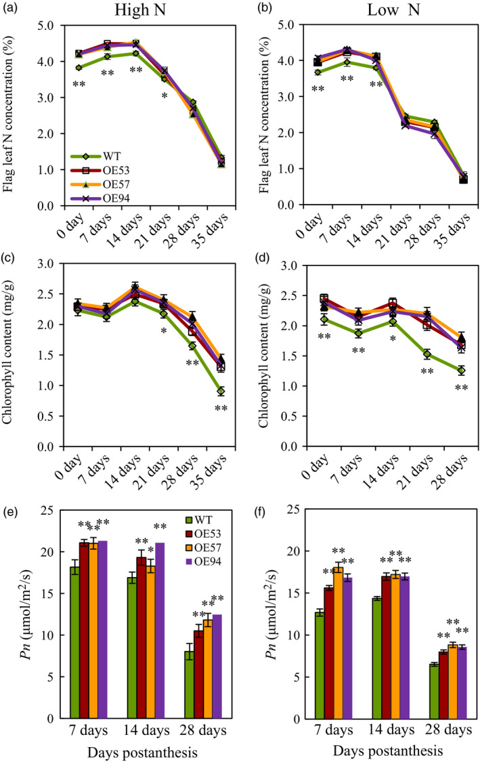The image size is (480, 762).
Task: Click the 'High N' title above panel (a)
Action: click(134, 12)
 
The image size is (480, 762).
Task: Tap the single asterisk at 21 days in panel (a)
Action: click(164, 96)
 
